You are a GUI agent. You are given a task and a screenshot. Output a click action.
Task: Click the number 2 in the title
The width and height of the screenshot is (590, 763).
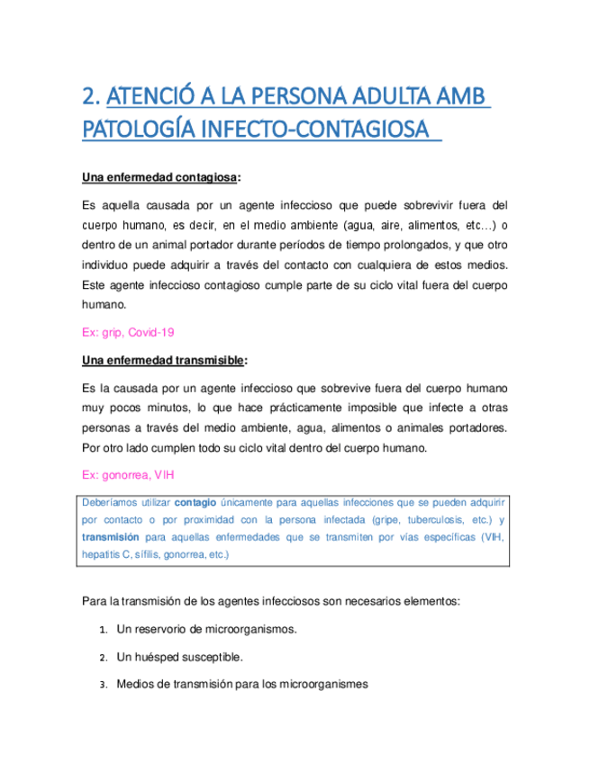pos(88,97)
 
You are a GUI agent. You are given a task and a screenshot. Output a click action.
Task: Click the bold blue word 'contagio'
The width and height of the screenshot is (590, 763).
pos(195,502)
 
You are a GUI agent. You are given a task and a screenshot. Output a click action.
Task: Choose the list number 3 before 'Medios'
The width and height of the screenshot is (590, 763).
pos(104,685)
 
